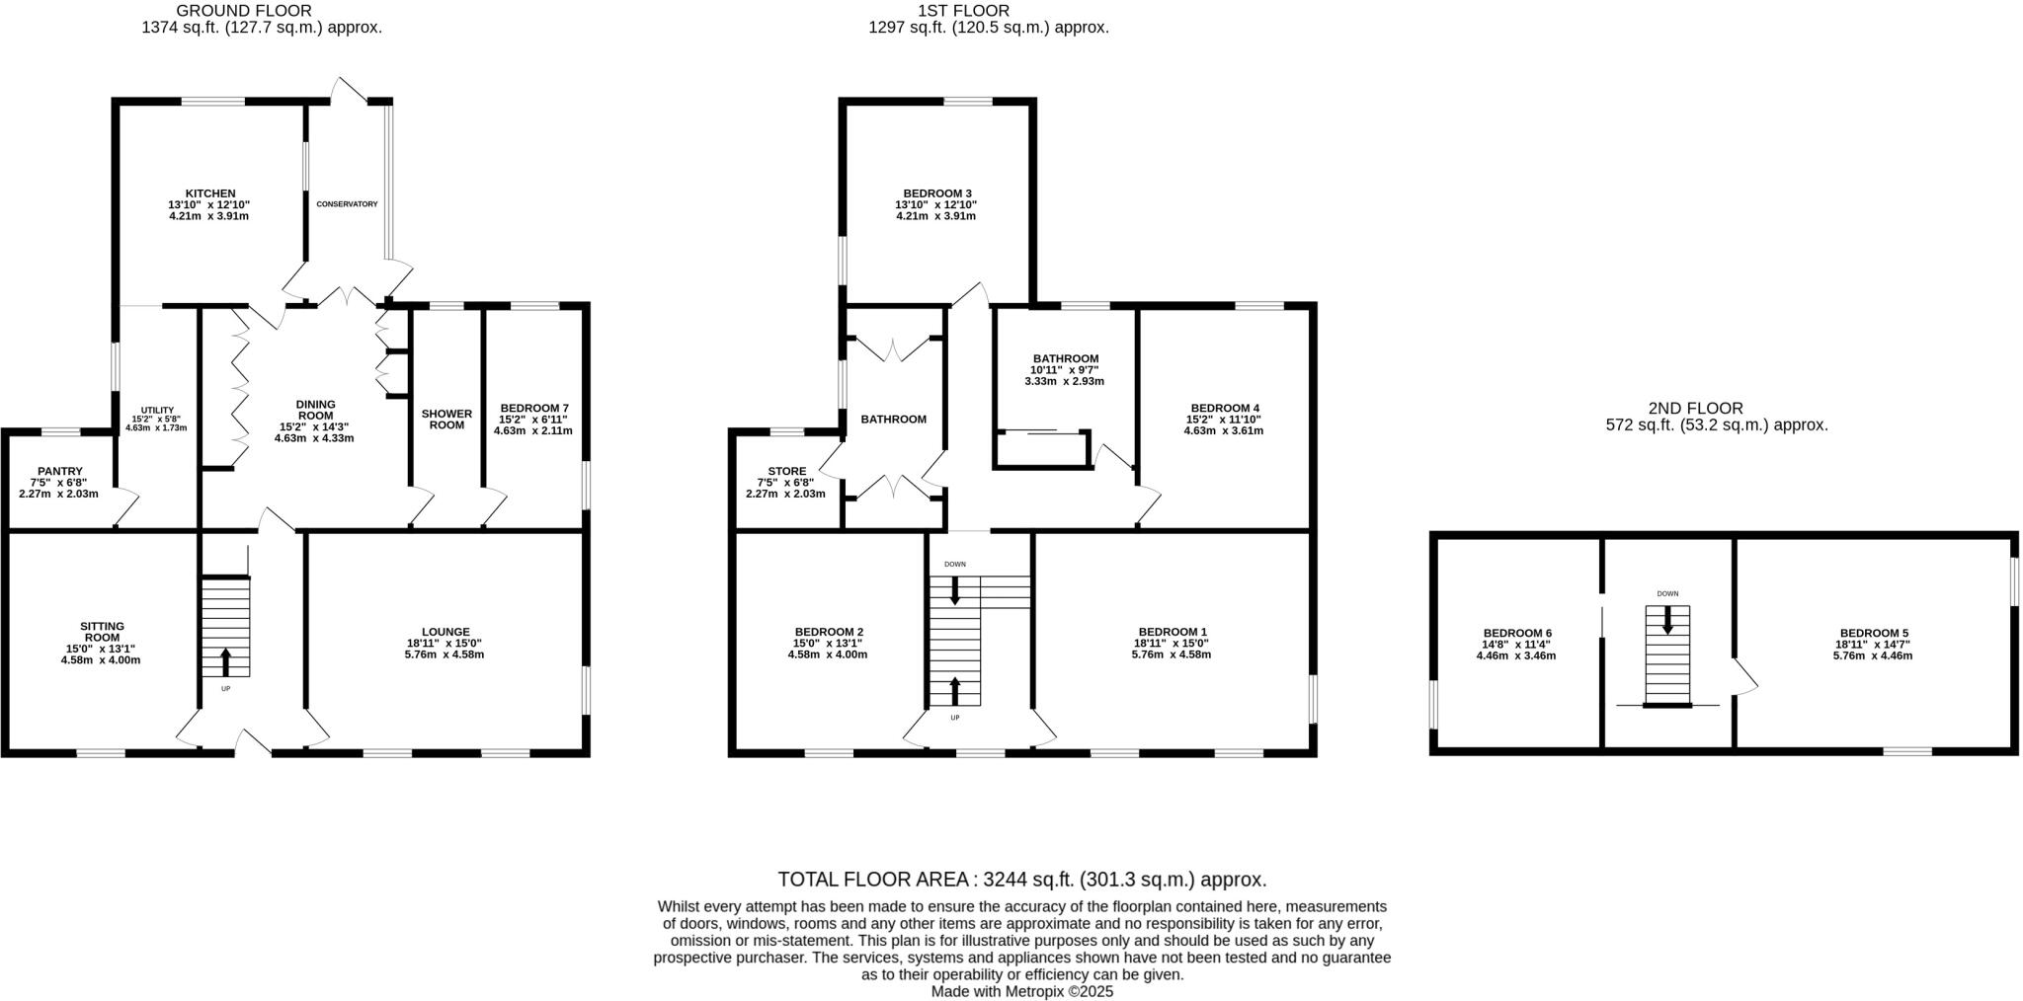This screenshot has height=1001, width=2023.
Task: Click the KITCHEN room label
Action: click(x=209, y=193)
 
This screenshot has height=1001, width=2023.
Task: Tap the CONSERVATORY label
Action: click(x=347, y=204)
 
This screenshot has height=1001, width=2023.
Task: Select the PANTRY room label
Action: click(x=59, y=471)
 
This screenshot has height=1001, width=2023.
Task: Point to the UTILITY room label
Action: click(x=157, y=410)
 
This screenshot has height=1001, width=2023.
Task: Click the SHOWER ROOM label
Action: click(x=446, y=419)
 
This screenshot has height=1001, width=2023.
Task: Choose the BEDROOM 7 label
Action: click(x=533, y=408)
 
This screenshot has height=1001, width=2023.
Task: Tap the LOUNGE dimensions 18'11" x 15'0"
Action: click(x=445, y=643)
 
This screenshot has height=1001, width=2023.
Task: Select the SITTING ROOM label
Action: click(x=102, y=632)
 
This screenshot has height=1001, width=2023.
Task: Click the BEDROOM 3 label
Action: click(x=936, y=193)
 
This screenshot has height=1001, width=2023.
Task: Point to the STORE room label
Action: click(x=786, y=471)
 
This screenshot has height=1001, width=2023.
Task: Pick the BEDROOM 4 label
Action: click(x=1224, y=408)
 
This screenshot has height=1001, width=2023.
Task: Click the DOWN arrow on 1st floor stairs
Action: click(x=954, y=589)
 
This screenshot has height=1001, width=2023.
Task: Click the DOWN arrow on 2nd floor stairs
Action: click(x=1667, y=620)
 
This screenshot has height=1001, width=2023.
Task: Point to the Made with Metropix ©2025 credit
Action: click(x=1021, y=991)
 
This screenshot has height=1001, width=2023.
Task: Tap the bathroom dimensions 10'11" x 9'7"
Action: click(x=1065, y=370)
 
